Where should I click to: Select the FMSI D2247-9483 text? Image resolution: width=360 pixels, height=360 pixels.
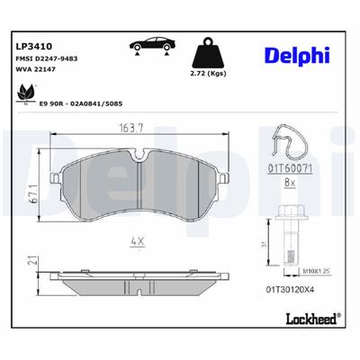[x=49, y=59]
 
